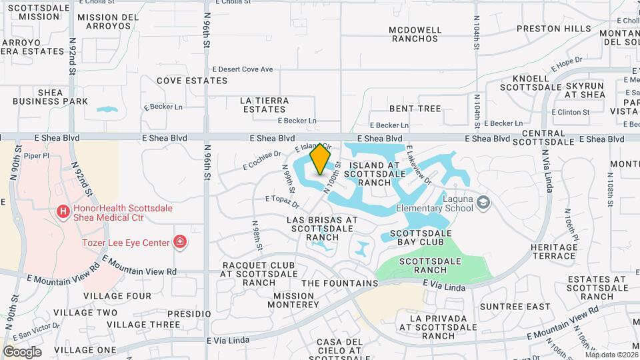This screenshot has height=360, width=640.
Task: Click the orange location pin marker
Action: point(321,159)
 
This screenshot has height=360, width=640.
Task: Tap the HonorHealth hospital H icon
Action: point(63,213)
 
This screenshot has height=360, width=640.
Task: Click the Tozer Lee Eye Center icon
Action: point(179,241)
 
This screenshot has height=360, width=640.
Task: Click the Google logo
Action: point(22,352)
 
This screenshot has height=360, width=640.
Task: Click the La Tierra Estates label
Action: point(265,105)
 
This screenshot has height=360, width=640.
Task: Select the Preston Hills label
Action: point(554,29)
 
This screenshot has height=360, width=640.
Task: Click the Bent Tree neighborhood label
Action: point(415,109)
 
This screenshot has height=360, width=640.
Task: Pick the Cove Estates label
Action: point(192,81)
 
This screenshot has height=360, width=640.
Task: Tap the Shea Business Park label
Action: point(50,97)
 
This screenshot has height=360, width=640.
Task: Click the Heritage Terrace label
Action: point(554,251)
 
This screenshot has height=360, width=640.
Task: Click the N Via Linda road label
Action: point(549,166)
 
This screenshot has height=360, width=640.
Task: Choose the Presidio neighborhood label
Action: point(189,313)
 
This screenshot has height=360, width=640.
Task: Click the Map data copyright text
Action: point(612,355)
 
